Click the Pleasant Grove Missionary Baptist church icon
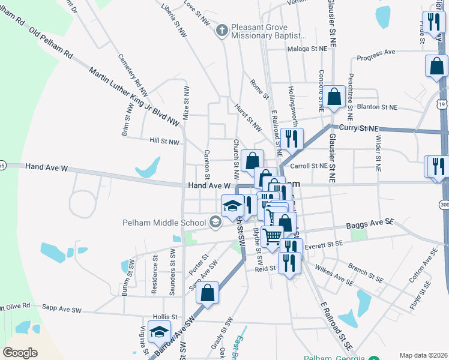pyautogui.click(x=222, y=31)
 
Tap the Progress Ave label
pyautogui.click(x=376, y=55)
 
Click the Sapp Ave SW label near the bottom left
pyautogui.click(x=61, y=308)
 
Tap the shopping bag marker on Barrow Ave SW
pyautogui.click(x=207, y=294)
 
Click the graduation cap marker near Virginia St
pyautogui.click(x=159, y=332)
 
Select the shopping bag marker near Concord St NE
pyautogui.click(x=334, y=97)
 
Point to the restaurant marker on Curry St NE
pyautogui.click(x=292, y=139)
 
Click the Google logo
pyautogui.click(x=20, y=353)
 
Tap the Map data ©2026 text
pyautogui.click(x=423, y=355)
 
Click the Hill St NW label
pyautogui.click(x=164, y=142)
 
